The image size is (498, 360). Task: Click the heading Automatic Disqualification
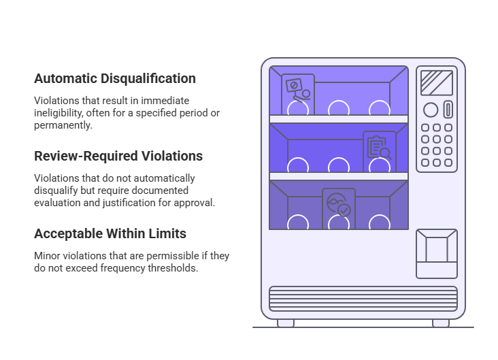(114, 78)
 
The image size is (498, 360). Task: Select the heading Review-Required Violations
(118, 156)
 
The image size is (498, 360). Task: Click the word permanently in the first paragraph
(63, 125)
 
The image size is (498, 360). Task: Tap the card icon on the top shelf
(297, 92)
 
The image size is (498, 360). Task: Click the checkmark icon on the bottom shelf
(338, 205)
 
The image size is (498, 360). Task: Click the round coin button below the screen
(430, 109)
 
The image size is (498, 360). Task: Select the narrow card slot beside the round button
(448, 109)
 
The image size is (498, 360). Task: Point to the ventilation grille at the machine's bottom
(363, 298)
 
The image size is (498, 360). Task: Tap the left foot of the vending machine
(286, 323)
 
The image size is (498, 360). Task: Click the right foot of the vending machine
(441, 323)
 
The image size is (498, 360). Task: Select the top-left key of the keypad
(425, 128)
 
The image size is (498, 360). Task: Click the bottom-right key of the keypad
(448, 163)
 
